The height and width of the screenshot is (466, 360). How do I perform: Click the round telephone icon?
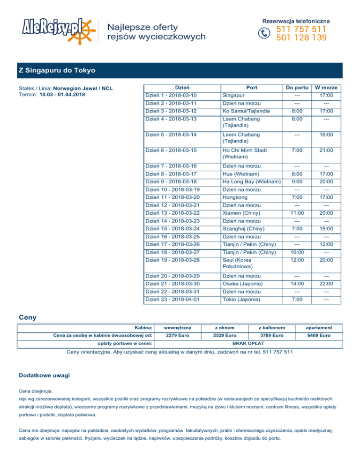pyautogui.click(x=265, y=33)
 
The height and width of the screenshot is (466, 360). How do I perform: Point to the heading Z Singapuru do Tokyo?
pyautogui.click(x=57, y=71)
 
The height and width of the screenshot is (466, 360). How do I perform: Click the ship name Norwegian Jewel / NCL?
pyautogui.click(x=83, y=88)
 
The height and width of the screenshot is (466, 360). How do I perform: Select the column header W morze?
pyautogui.click(x=326, y=87)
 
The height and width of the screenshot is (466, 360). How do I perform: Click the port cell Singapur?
pyautogui.click(x=233, y=95)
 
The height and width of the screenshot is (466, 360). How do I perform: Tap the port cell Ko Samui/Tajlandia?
pyautogui.click(x=246, y=111)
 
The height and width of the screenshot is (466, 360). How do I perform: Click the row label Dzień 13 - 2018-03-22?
pyautogui.click(x=172, y=213)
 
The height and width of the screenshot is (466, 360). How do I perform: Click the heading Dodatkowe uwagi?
pyautogui.click(x=45, y=376)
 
